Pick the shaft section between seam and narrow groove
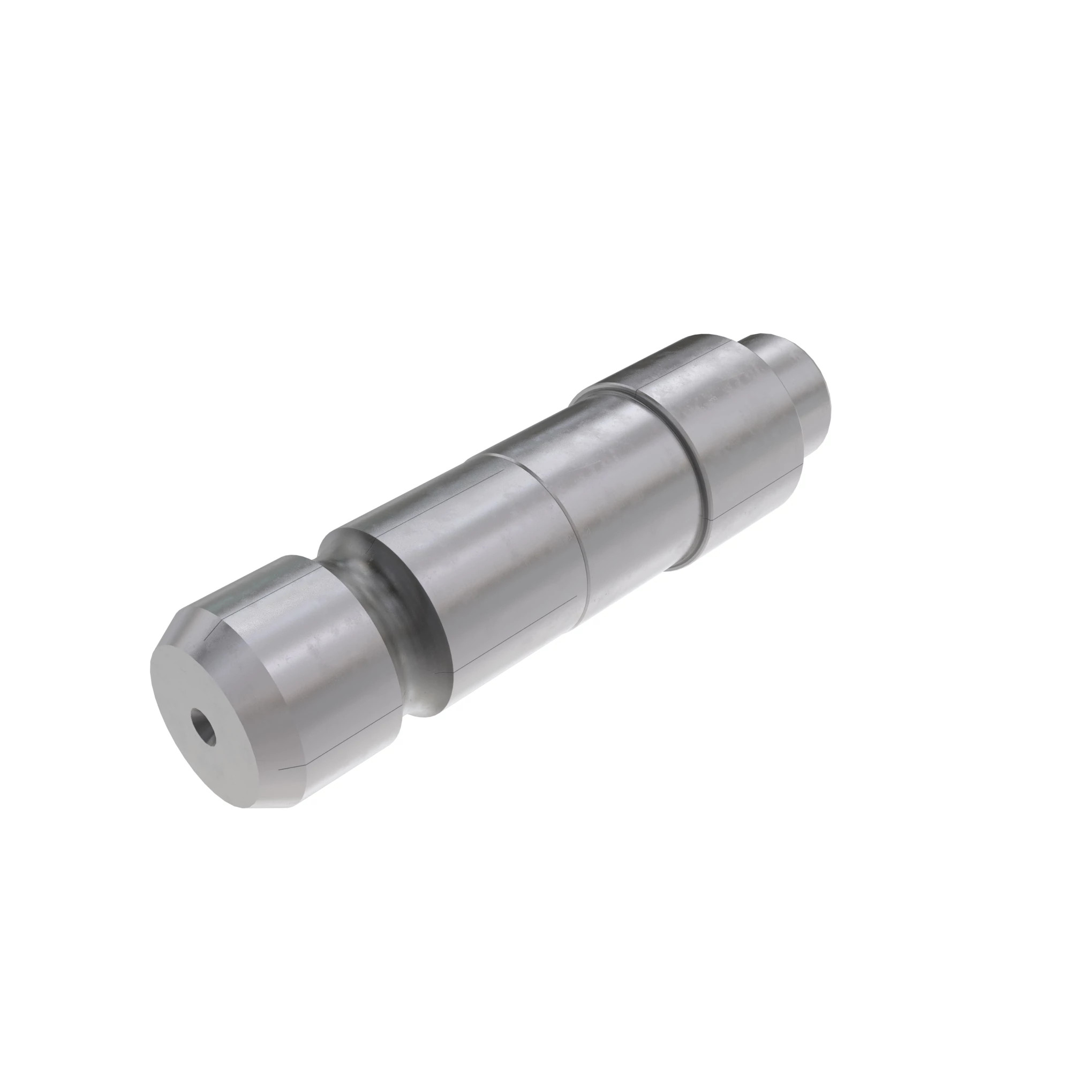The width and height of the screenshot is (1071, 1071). tap(637, 488)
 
